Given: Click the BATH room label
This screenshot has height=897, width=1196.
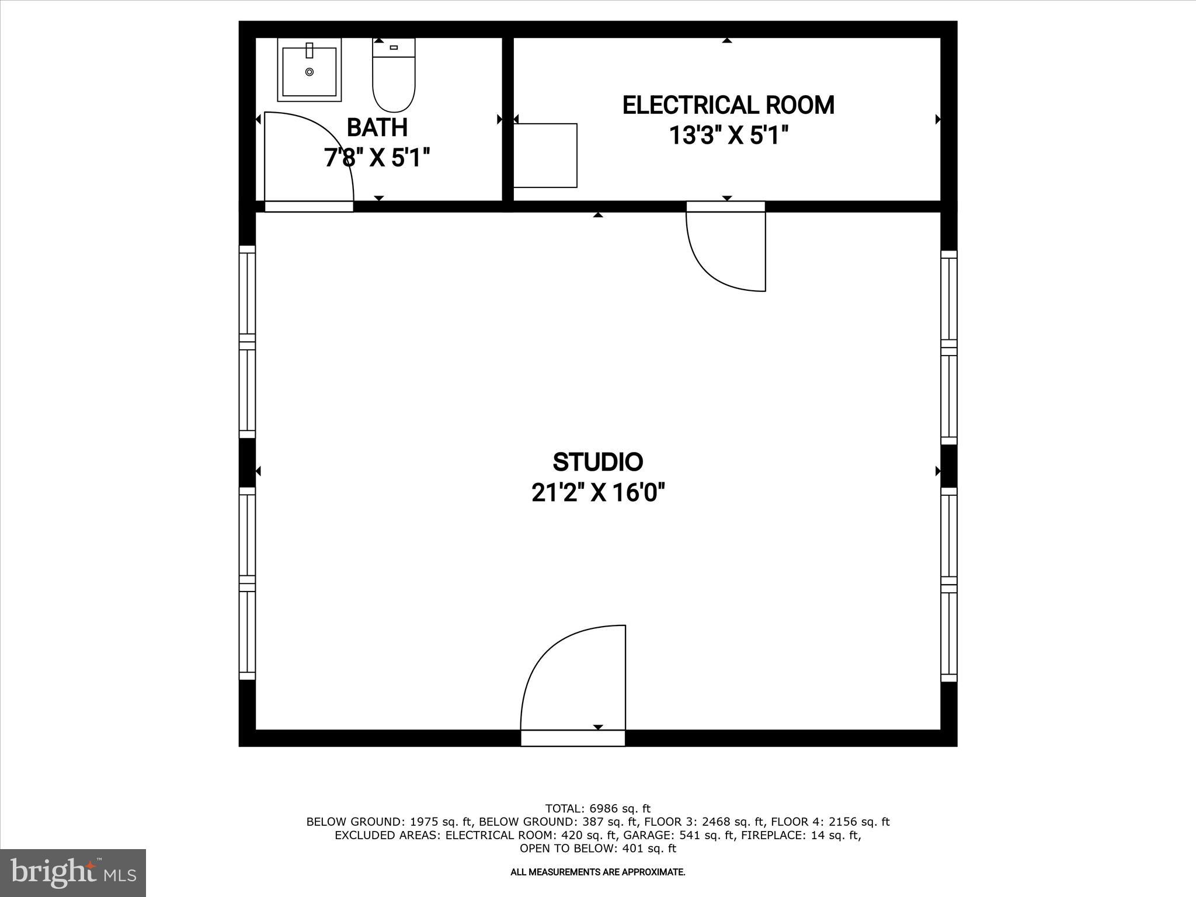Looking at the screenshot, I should point(377,127).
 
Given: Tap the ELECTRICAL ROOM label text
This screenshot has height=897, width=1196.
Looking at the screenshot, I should point(728,106).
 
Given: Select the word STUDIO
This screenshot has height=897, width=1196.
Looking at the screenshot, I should point(597,462).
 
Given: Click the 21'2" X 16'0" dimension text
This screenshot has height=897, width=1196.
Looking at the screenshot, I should point(598,493).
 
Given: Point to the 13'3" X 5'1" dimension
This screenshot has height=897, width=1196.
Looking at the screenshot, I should point(728,137).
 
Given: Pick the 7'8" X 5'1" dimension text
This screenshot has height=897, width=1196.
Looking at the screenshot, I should point(377,158).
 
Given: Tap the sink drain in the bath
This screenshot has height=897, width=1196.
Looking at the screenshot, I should point(309,72).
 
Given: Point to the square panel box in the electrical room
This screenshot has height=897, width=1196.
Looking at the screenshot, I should point(545,155).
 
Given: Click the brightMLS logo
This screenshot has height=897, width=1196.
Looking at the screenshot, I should point(73,872).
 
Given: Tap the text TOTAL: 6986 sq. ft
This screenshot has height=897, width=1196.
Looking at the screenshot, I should point(597,809).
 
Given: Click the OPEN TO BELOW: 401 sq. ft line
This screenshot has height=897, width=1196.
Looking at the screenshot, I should point(597,849).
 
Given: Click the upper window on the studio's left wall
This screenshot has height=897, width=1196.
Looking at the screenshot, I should point(248,342).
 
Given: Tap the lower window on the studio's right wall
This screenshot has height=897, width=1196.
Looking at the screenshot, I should point(948,585).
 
